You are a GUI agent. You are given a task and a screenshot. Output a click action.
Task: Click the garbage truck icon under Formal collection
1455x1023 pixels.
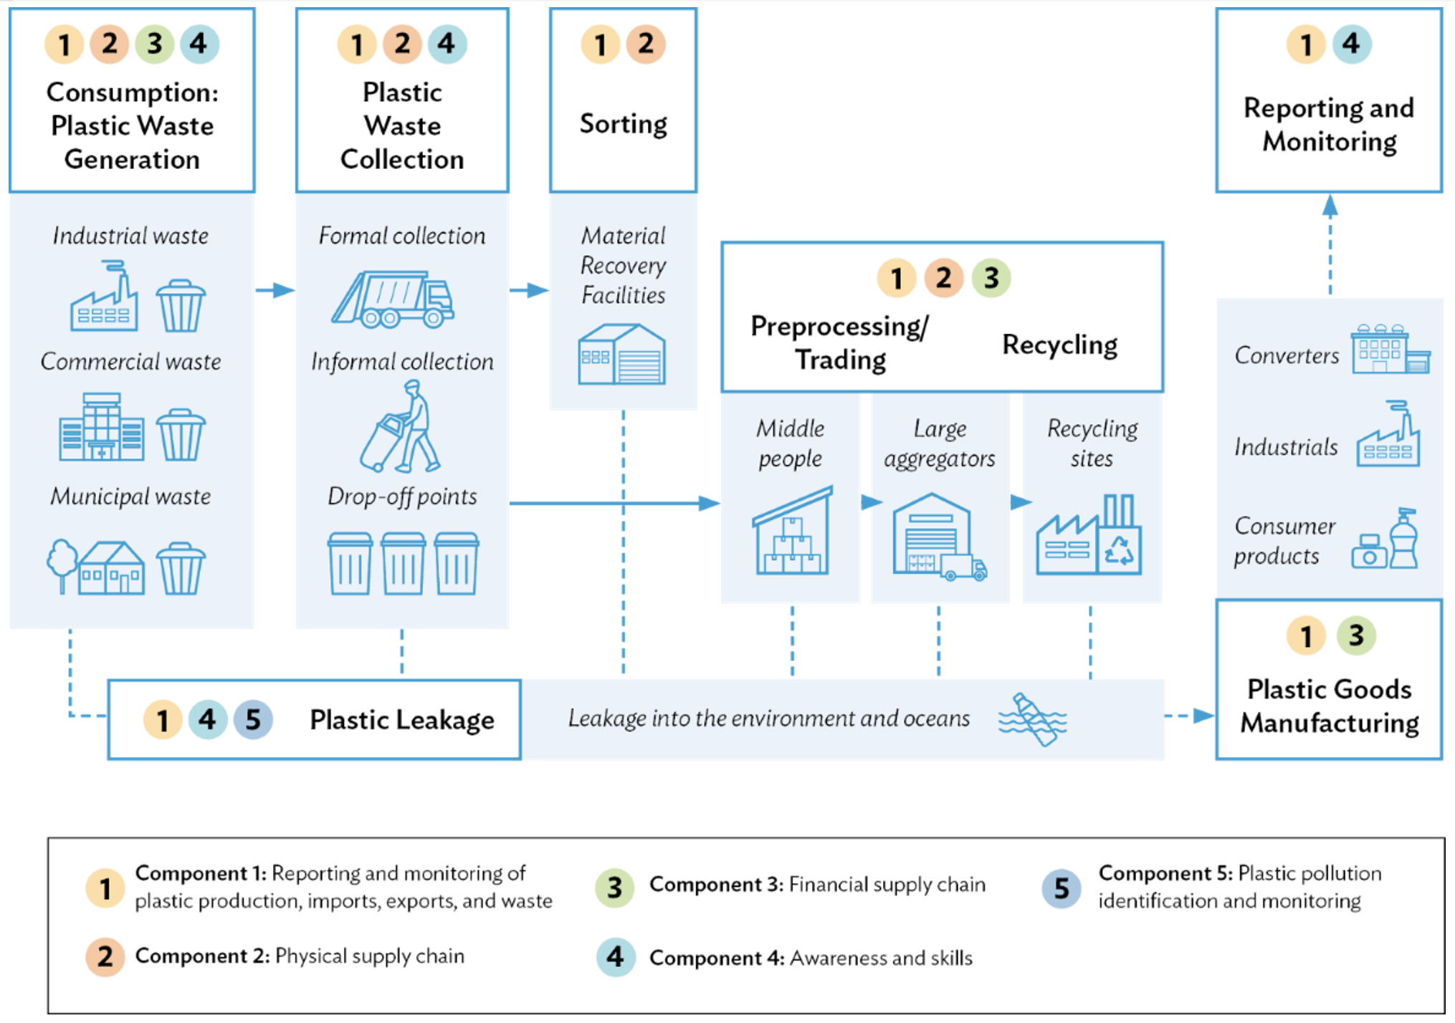pos(393,299)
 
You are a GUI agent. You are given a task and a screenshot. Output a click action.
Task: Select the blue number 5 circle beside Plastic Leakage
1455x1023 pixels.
pos(253,719)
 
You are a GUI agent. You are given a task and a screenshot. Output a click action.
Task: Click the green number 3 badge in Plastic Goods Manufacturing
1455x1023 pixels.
pos(1355,635)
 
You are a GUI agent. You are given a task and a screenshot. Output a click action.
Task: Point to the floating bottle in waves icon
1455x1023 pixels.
pos(1034,719)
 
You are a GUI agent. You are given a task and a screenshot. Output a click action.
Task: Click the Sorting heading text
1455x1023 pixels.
pos(623,124)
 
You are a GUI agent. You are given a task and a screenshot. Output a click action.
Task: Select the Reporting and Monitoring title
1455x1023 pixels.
pos(1329,125)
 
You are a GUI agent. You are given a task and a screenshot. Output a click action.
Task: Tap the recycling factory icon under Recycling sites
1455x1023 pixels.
pos(1089,535)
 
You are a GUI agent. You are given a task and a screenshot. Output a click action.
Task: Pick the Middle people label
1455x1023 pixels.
pos(790,443)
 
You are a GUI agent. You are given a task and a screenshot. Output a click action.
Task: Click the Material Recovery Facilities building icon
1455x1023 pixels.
pos(621,355)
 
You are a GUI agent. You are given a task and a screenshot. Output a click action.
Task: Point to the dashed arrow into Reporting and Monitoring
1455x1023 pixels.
pos(1330,244)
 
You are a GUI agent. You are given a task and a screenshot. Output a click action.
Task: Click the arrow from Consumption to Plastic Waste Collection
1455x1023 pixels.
pos(275,290)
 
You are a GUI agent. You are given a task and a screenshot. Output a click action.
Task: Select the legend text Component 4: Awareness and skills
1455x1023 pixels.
pos(810,958)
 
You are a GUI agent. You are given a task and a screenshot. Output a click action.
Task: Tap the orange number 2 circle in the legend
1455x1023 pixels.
pos(105,956)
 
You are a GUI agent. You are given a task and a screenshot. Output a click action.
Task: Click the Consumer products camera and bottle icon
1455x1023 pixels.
pos(1385,541)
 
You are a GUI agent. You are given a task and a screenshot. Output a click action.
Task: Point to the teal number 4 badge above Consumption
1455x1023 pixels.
pos(199,44)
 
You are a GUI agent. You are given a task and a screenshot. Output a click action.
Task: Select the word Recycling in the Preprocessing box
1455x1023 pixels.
pos(1059,345)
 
